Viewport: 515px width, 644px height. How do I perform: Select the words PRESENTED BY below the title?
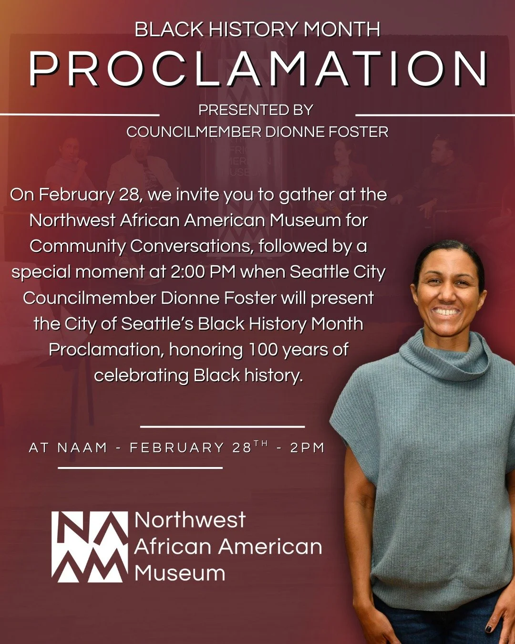click(x=256, y=110)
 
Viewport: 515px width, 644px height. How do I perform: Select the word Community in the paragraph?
click(x=77, y=246)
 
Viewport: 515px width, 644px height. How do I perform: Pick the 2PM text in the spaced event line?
click(x=308, y=448)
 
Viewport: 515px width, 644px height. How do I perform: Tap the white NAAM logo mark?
click(x=90, y=547)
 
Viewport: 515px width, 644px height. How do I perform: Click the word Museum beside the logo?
click(x=180, y=573)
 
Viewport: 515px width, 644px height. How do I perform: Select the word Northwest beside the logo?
click(x=190, y=520)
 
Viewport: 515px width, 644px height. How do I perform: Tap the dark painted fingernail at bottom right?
click(x=489, y=628)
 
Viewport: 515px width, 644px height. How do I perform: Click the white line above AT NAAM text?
click(x=222, y=426)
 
